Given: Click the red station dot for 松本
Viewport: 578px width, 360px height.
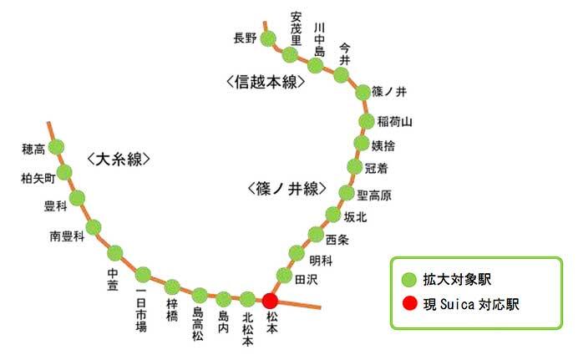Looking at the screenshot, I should pos(270,301).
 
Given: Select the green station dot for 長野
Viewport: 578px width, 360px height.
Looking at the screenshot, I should pos(269,38).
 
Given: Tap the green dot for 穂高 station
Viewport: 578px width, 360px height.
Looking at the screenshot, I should pos(57,148).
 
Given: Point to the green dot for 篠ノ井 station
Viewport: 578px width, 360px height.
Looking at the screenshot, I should pos(363,92).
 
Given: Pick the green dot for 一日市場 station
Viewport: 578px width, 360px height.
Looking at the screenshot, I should pos(143,274).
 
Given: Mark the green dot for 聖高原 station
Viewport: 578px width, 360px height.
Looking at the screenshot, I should pos(347,194).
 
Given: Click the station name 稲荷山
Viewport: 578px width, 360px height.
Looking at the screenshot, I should pos(395,121).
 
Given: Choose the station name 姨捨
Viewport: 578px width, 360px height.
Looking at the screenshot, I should pos(389,145).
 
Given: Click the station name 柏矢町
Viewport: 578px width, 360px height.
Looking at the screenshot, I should pos(38,178).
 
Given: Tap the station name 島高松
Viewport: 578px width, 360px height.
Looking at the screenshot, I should pos(199,323).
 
